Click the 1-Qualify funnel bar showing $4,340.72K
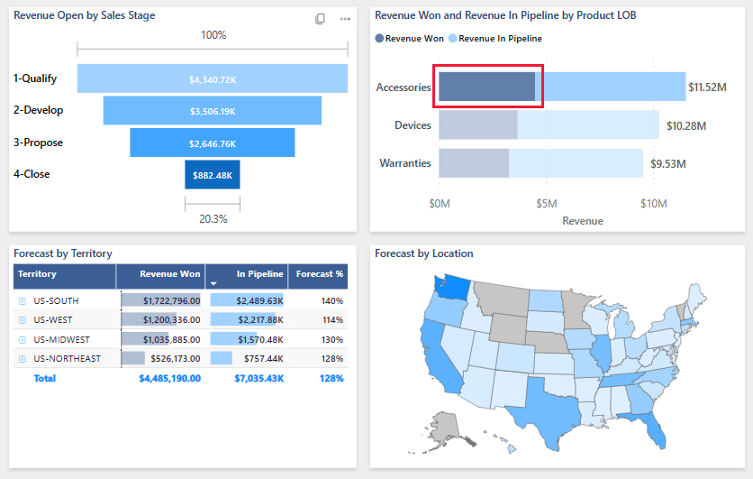point(213,78)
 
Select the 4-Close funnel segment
point(213,175)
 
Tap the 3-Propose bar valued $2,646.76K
point(213,143)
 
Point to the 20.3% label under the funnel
point(213,218)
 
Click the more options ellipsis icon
point(345,19)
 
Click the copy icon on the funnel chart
point(320,19)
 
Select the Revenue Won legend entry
point(415,39)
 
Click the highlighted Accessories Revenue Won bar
point(486,88)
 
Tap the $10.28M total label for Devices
point(685,125)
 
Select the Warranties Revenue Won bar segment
point(473,163)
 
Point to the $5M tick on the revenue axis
point(546,204)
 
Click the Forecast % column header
point(320,274)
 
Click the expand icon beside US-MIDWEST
point(23,339)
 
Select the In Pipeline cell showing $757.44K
point(248,359)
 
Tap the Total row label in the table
point(44,378)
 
